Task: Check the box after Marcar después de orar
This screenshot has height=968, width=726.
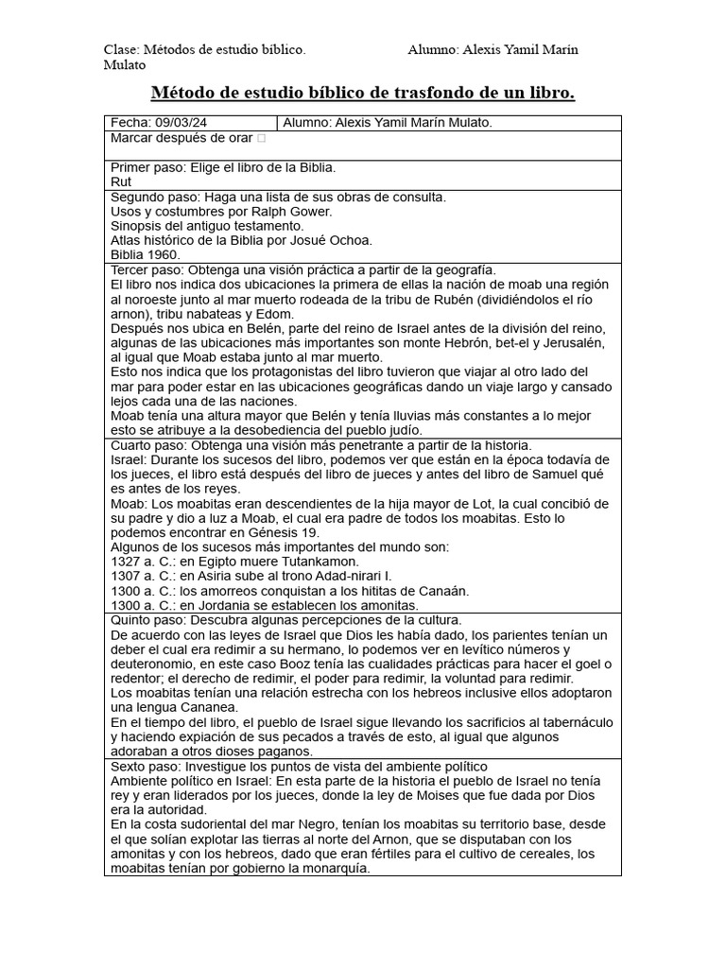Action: (261, 139)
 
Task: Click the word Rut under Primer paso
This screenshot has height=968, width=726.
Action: (121, 181)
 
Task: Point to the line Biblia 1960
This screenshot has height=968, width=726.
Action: (146, 254)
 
